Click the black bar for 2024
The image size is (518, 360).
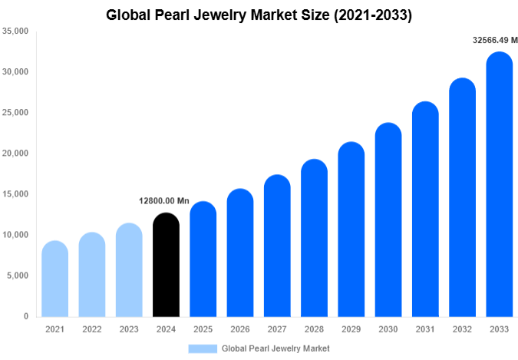point(166,265)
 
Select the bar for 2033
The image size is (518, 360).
point(500,184)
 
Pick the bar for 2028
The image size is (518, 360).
point(315,238)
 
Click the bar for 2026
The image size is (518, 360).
point(240,253)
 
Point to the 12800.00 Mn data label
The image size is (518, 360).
point(163,201)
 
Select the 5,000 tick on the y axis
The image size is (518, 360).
point(18,276)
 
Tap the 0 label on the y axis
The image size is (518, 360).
point(25,316)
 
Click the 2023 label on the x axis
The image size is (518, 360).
point(129,329)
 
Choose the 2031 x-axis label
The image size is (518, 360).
point(425,329)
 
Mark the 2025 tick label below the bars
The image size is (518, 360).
point(203,329)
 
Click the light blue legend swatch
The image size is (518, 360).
point(202,348)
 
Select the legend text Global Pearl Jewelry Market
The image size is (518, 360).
point(275,348)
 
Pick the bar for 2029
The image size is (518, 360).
point(351,230)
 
